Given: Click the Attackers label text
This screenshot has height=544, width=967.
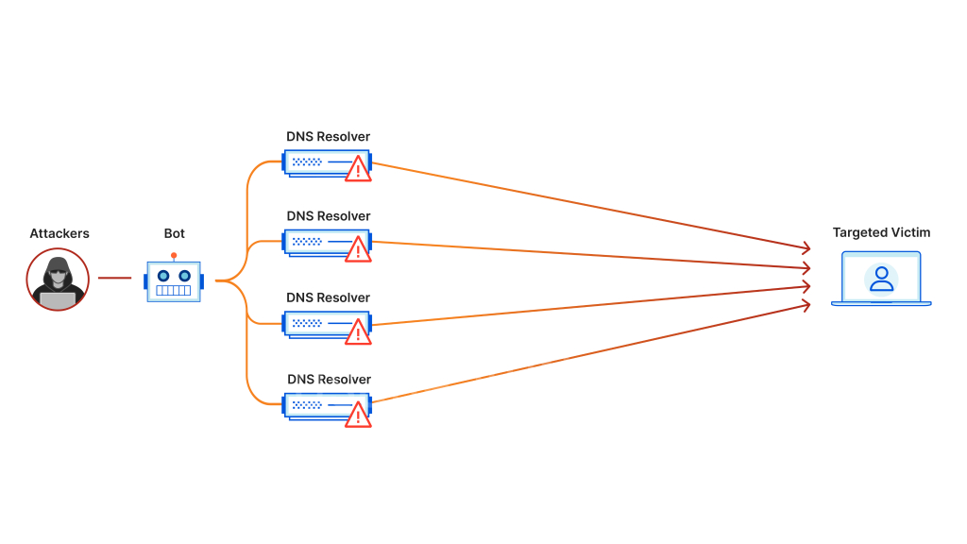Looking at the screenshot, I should coord(59,233).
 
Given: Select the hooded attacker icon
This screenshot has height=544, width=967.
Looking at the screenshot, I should coord(58,280).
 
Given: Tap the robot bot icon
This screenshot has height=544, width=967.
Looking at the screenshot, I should coord(174,280).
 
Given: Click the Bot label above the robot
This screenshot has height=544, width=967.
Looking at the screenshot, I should coord(175,233).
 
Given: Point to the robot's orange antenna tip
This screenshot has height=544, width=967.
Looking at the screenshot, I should coord(174,256).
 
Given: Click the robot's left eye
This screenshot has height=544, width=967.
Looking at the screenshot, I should coord(163,276).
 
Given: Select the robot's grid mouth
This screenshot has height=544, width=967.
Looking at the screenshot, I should coord(174,291).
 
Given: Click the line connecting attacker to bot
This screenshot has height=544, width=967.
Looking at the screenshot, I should coord(114,278).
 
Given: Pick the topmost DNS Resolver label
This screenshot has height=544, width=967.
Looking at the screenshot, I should coord(329,137).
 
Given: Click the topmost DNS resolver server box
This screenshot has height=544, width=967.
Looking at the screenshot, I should coord(316,162).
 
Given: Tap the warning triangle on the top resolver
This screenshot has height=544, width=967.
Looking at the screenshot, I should coord(358,170).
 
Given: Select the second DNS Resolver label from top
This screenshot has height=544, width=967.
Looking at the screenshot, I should coord(329,216).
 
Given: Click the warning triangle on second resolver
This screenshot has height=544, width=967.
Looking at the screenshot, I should coord(358,250).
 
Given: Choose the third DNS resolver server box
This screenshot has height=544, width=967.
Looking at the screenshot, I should coord(316,324).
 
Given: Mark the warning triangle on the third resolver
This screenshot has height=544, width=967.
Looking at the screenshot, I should coord(358,332).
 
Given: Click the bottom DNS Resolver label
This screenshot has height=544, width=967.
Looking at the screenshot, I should coord(329,380).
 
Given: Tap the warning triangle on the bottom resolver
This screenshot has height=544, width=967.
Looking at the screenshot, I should coord(358,415).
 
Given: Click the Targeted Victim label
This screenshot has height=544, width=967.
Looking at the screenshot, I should coord(881,232).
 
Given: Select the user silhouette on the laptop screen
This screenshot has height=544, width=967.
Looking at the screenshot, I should coord(881,279).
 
